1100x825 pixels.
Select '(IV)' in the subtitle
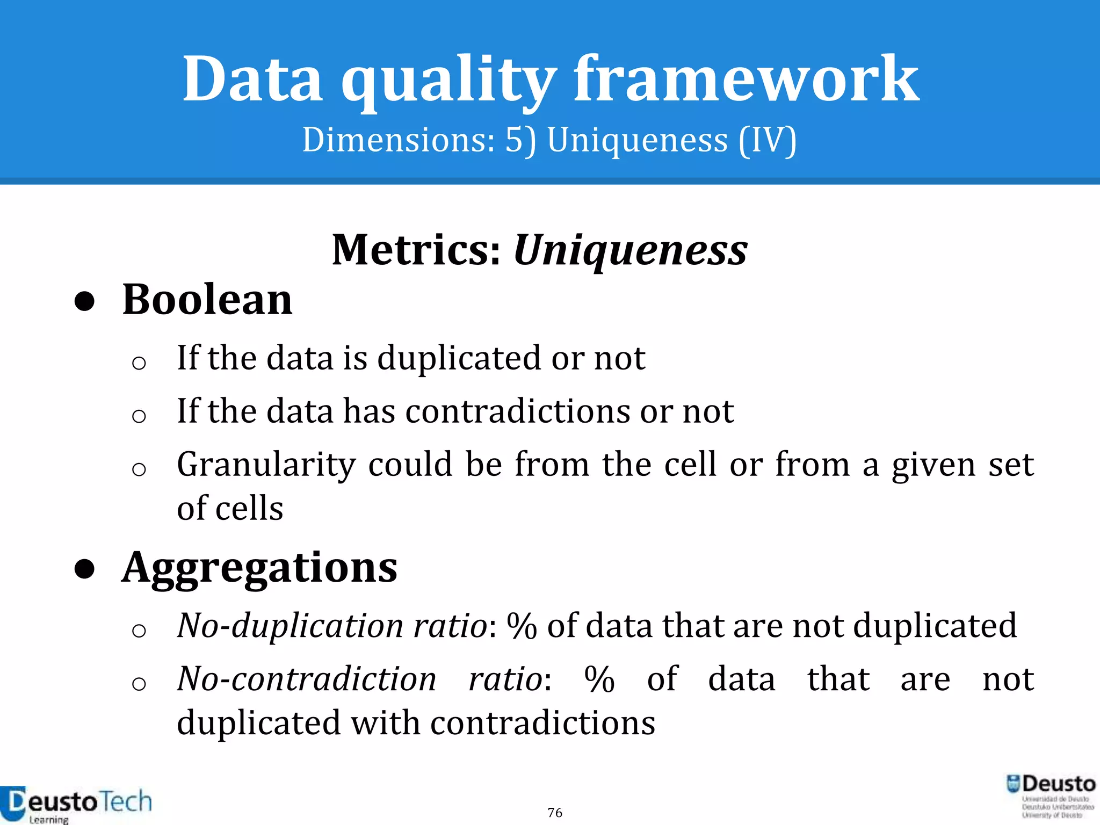[x=768, y=141]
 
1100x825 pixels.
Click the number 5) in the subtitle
[x=520, y=141]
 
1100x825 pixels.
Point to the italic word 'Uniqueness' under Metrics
[x=631, y=250]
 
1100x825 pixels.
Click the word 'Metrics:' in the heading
[x=417, y=250]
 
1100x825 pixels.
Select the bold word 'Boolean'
[x=207, y=300]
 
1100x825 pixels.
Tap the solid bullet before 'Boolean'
[x=85, y=302]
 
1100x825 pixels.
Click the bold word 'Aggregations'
[x=259, y=568]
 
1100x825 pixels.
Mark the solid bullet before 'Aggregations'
[x=85, y=570]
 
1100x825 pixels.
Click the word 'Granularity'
[x=266, y=465]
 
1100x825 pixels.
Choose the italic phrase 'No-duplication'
[x=290, y=626]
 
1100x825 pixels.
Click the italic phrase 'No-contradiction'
[x=307, y=679]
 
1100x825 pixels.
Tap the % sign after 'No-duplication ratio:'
[x=522, y=626]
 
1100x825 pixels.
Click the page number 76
[x=555, y=812]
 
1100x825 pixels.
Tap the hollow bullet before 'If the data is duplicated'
[x=139, y=363]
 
